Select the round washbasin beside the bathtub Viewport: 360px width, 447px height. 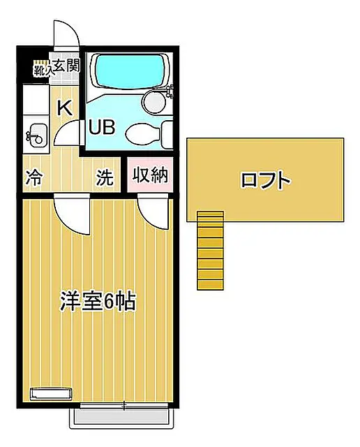154,101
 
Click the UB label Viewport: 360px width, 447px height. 102,127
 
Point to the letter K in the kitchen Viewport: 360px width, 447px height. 65,108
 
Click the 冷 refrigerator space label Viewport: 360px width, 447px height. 34,177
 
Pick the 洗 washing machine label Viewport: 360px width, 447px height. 105,177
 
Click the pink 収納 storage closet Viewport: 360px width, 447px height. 150,175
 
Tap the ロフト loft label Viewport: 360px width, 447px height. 265,180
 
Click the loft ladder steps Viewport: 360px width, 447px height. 211,251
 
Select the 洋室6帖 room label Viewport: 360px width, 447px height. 98,301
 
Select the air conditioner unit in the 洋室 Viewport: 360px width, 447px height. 51,394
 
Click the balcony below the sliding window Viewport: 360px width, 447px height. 121,418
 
